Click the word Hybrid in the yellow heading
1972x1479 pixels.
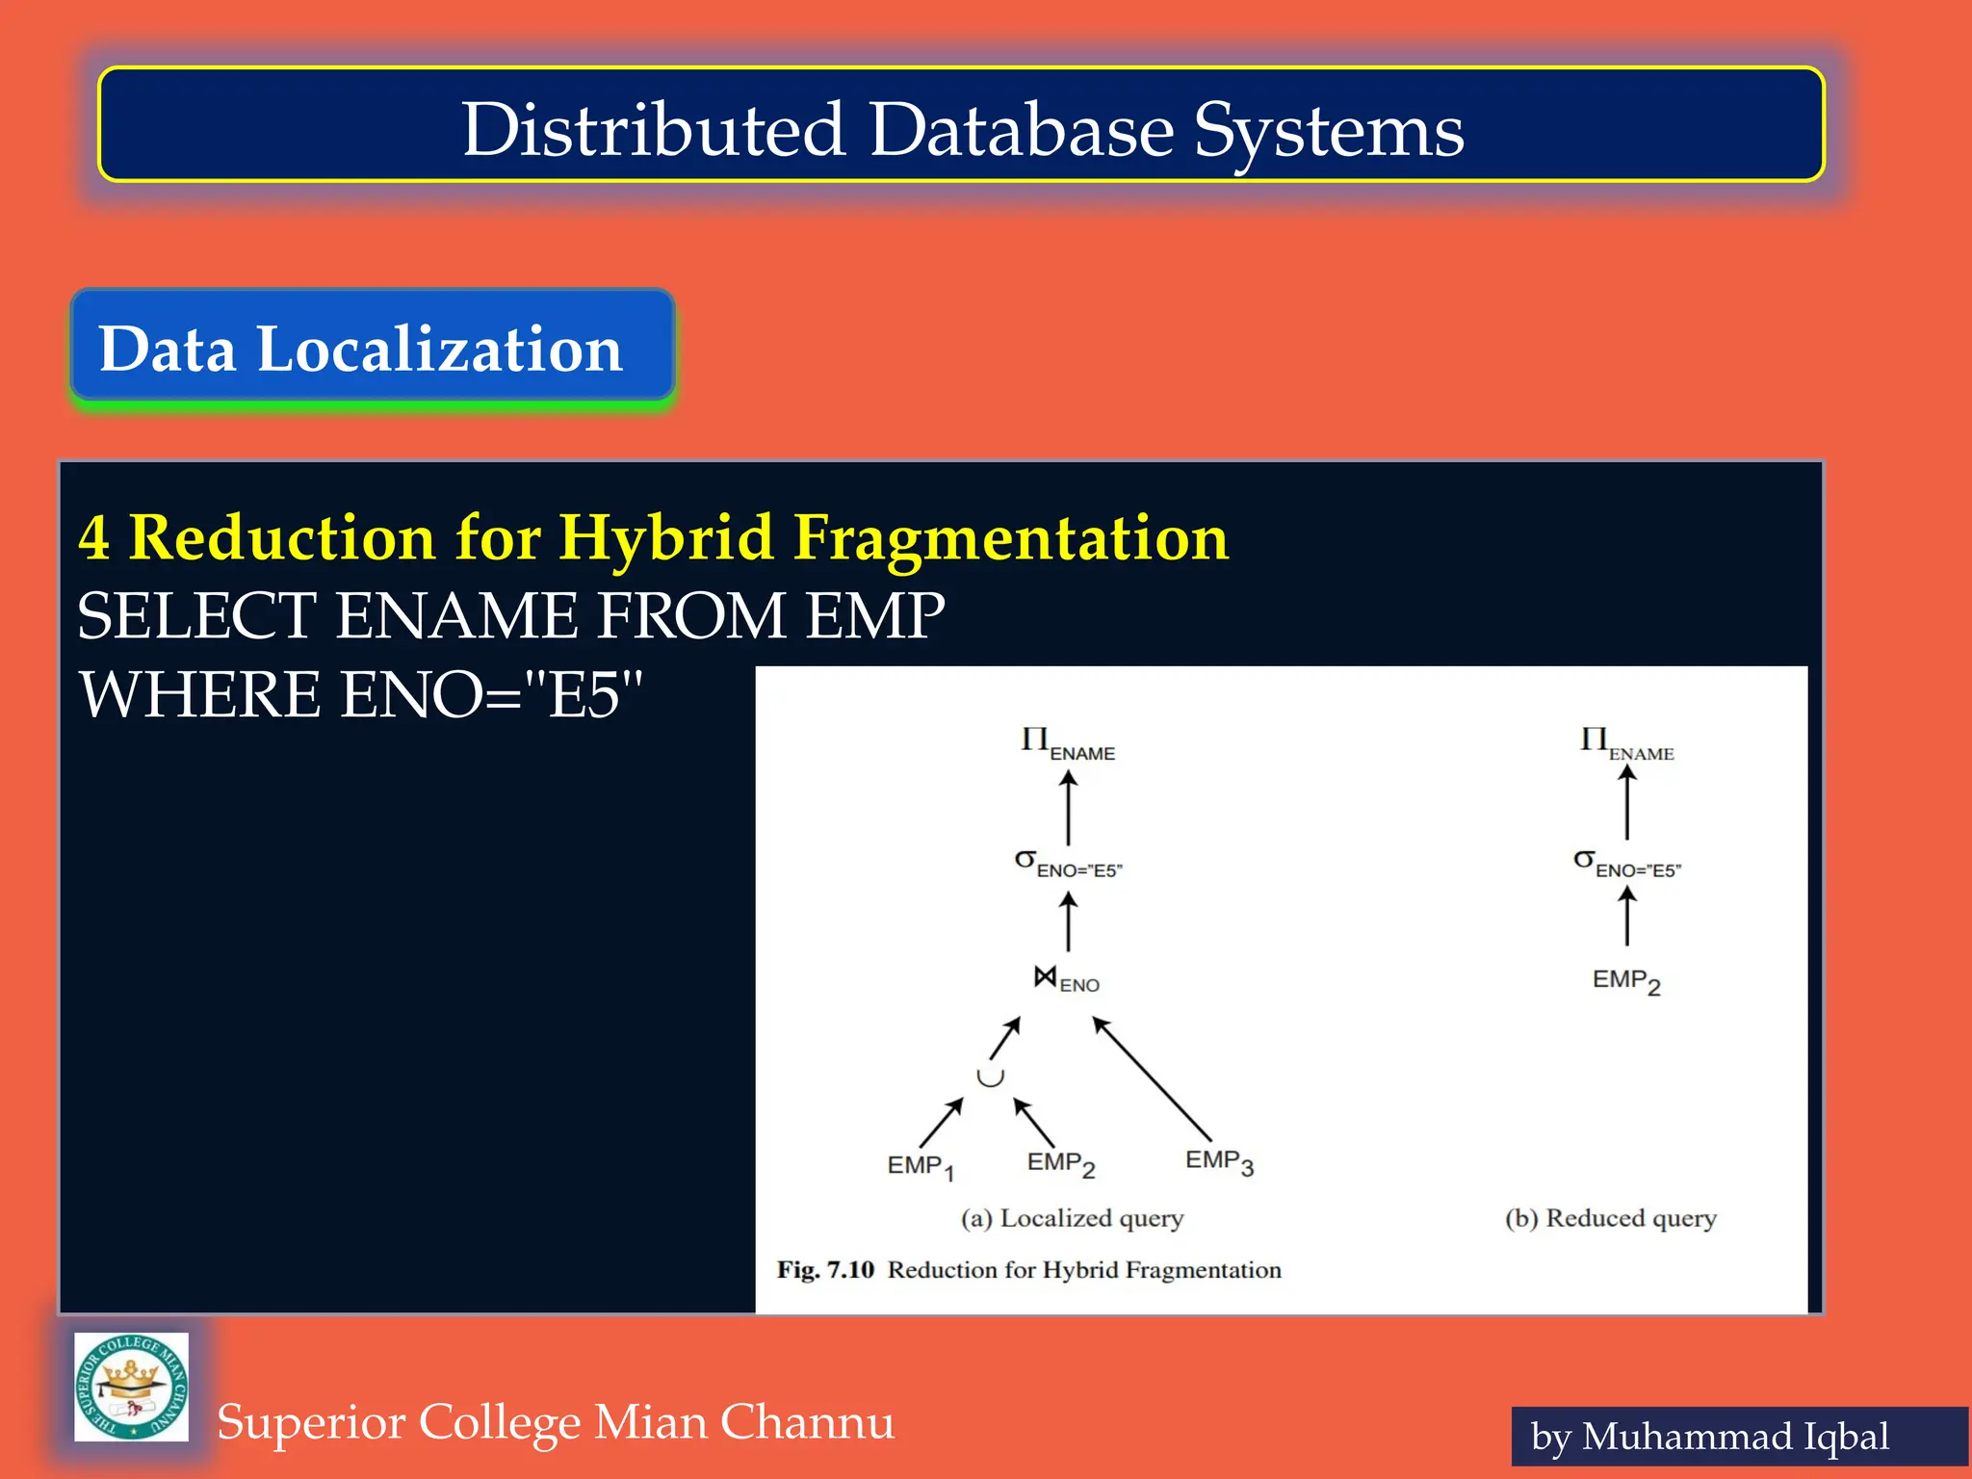click(x=665, y=536)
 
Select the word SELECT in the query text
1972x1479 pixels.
click(x=196, y=615)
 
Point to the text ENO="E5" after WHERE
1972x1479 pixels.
click(x=491, y=695)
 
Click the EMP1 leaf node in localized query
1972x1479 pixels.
click(x=920, y=1166)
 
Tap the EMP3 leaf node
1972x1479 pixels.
click(x=1218, y=1162)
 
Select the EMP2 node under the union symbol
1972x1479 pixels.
click(x=1060, y=1164)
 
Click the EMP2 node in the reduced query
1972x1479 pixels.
click(x=1625, y=981)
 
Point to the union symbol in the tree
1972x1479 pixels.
click(x=990, y=1077)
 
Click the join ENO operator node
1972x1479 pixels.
click(x=1065, y=980)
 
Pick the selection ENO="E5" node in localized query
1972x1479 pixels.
click(x=1068, y=864)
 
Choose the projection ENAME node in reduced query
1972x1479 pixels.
click(x=1625, y=744)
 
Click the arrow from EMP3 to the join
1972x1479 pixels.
click(x=1152, y=1078)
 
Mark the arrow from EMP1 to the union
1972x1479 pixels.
click(x=941, y=1123)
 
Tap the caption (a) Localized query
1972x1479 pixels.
click(x=1072, y=1218)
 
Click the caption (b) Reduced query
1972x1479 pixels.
click(x=1610, y=1218)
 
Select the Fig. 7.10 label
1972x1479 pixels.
click(x=825, y=1270)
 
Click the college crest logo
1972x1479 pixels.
click(x=132, y=1387)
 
